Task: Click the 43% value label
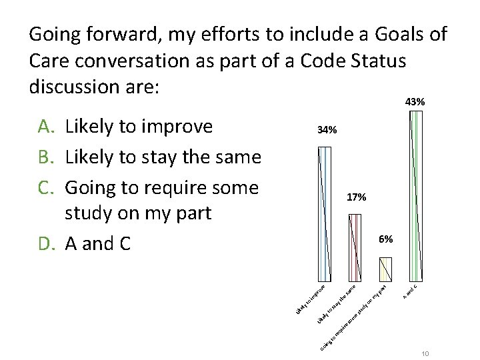click(x=415, y=103)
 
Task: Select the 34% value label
click(x=327, y=131)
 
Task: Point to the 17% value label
click(x=356, y=198)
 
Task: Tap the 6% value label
click(x=385, y=239)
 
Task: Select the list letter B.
click(x=45, y=157)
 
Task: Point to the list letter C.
click(x=45, y=187)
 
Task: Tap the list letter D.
click(x=45, y=244)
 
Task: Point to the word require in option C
click(x=172, y=187)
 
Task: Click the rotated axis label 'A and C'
click(x=409, y=291)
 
